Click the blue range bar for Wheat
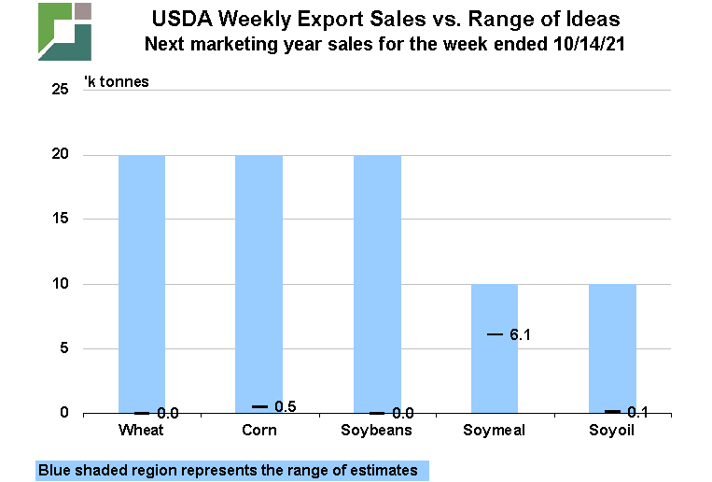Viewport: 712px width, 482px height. click(142, 280)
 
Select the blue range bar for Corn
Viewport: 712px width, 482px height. click(259, 280)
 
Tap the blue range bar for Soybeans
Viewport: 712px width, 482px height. click(377, 280)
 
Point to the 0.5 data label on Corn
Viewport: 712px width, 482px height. click(286, 406)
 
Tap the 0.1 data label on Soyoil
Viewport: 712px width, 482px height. click(638, 412)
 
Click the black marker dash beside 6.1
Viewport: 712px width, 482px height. click(495, 334)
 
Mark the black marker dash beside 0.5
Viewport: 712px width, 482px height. click(259, 406)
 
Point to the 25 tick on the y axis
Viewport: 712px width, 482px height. click(61, 90)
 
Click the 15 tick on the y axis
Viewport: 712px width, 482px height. click(61, 220)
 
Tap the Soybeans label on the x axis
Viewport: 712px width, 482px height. click(377, 431)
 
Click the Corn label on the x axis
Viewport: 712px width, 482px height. click(259, 431)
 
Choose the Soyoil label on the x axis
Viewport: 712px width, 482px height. click(612, 431)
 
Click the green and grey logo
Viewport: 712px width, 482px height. click(64, 31)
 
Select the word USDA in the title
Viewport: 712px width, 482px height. click(177, 19)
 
